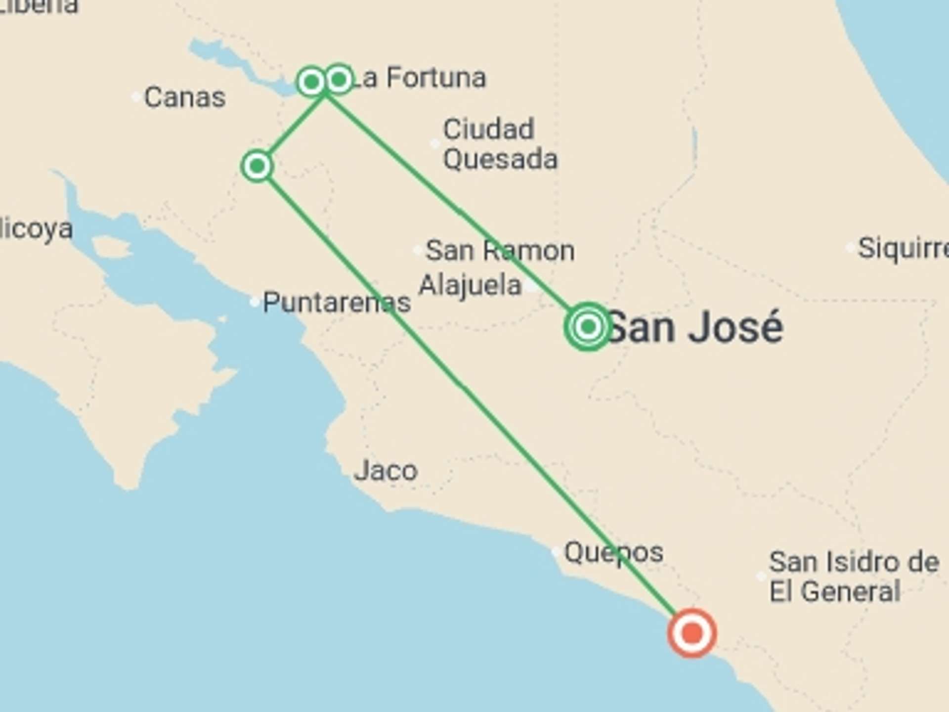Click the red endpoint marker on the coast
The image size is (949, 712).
click(x=692, y=633)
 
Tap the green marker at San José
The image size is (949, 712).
click(x=588, y=326)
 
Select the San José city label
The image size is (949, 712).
click(x=695, y=327)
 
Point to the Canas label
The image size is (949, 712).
click(x=185, y=97)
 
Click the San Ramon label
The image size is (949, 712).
click(x=500, y=250)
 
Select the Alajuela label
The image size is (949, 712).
click(x=470, y=285)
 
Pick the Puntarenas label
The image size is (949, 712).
click(x=337, y=302)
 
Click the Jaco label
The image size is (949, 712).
click(x=386, y=471)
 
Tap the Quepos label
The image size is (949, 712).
click(x=613, y=552)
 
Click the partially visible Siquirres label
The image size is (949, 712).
click(x=903, y=248)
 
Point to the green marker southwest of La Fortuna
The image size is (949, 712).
click(x=257, y=166)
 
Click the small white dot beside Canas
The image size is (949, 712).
click(x=136, y=97)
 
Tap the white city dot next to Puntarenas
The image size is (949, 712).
click(x=255, y=302)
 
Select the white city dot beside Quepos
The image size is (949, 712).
click(x=556, y=552)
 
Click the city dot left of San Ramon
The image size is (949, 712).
click(x=418, y=250)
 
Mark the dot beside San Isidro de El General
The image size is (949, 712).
click(x=761, y=577)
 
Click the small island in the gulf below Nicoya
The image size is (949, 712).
click(x=111, y=248)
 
